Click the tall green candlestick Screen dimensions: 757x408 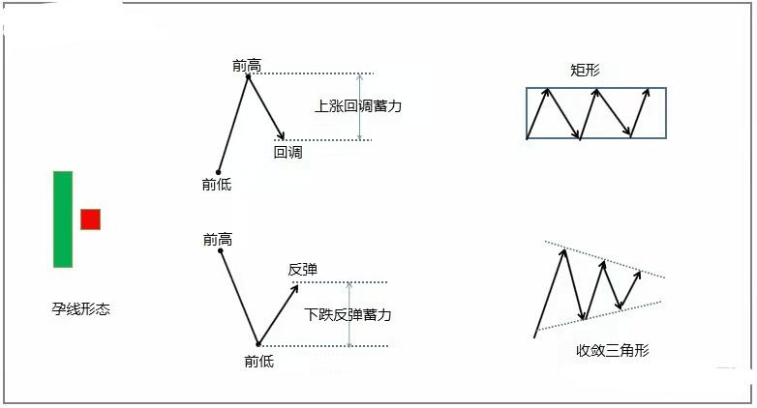pos(63,219)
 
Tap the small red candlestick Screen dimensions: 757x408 pos(90,219)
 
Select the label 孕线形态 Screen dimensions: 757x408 pos(81,308)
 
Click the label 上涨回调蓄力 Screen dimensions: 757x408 pos(358,106)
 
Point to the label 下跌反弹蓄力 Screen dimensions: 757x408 pos(348,315)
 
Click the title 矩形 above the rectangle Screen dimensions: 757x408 pos(585,71)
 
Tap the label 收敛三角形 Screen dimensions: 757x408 pos(613,350)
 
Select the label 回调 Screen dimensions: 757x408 pos(288,153)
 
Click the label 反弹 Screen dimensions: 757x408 pos(303,269)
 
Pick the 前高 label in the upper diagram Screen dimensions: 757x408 pos(247,66)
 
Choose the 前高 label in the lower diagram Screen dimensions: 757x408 pos(218,239)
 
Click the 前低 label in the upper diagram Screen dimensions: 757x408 pos(217,185)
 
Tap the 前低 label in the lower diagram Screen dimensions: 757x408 pos(259,362)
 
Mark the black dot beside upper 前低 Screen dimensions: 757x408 pos(218,172)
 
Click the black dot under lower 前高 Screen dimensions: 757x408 pos(221,250)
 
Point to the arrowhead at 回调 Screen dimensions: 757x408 pos(281,135)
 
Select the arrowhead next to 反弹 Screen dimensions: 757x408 pos(294,289)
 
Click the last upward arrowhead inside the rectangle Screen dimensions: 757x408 pos(647,93)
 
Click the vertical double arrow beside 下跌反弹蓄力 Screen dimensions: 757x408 pos(349,314)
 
